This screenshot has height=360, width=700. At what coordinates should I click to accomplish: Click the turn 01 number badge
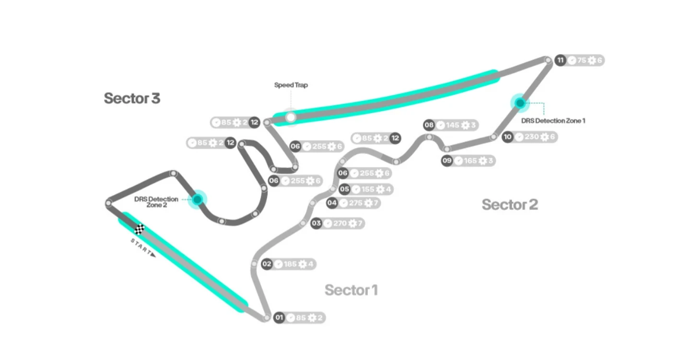279,317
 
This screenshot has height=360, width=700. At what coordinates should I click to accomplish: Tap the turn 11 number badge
560,60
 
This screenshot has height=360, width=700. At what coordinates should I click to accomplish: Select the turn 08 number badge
429,125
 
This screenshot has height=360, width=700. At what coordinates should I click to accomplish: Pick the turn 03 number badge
316,223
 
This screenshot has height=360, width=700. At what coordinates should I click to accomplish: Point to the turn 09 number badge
447,161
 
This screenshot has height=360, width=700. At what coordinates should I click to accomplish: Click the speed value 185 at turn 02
290,264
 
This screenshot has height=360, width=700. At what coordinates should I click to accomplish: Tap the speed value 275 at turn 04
355,203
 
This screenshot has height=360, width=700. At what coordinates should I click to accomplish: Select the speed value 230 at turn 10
531,137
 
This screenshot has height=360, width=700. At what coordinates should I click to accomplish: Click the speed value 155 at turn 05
368,189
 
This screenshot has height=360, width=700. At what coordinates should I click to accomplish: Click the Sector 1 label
351,290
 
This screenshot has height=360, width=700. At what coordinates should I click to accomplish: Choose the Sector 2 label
510,205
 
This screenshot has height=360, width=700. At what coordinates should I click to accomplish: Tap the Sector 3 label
132,98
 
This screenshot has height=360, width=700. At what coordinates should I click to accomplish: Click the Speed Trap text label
291,85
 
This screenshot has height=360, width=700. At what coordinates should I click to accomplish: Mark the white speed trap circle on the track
291,117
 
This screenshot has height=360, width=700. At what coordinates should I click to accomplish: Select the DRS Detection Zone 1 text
553,121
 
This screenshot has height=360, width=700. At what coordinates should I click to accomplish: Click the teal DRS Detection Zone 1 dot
520,103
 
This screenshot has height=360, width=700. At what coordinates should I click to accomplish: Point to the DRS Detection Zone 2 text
156,202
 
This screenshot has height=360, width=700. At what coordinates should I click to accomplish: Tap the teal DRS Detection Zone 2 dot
197,199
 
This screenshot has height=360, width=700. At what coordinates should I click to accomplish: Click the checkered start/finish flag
140,229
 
